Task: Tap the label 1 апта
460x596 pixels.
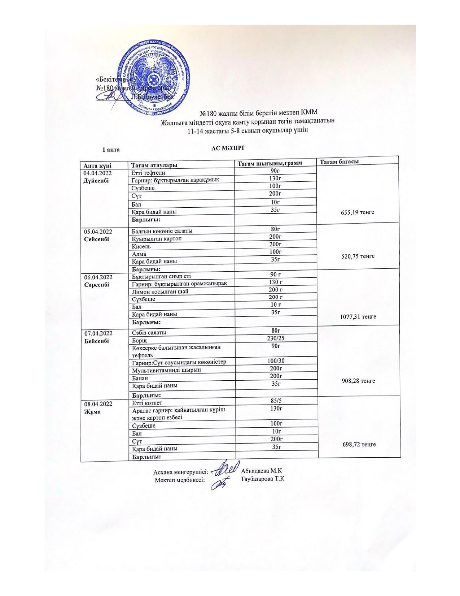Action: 111,150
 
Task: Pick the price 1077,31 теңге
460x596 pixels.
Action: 358,316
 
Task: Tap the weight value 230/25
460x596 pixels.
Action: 276,338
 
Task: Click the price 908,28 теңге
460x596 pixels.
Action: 358,381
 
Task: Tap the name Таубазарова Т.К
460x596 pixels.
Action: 263,479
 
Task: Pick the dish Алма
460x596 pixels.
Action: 139,254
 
